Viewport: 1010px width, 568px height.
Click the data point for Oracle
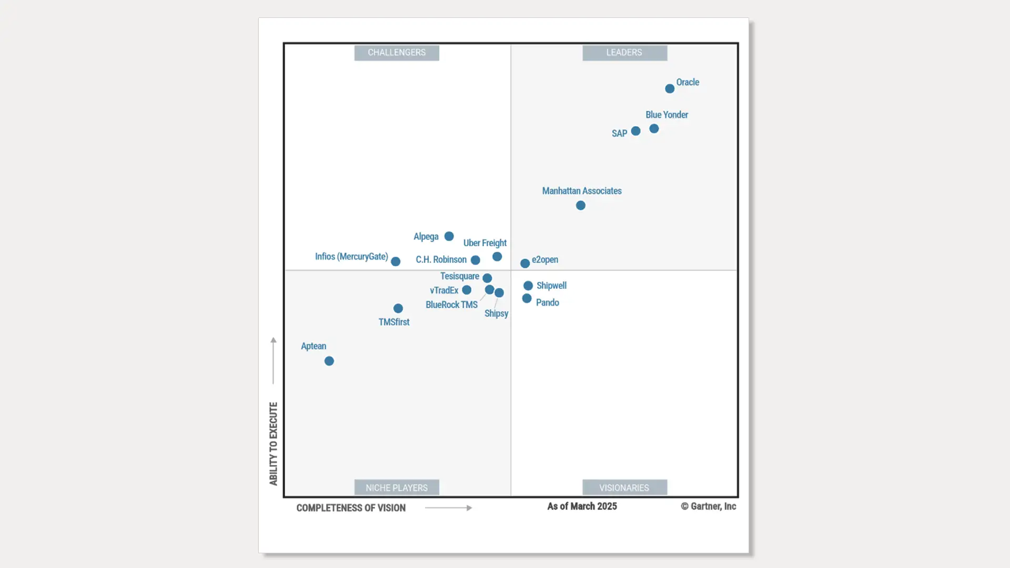[x=670, y=89]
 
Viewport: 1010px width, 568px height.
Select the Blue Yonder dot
[x=654, y=129]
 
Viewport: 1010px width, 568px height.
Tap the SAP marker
[x=635, y=131]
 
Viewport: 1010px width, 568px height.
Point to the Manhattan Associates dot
[x=581, y=206]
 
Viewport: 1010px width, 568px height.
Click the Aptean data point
[x=329, y=361]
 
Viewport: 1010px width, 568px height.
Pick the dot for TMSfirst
[x=398, y=309]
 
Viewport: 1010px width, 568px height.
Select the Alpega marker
[x=449, y=237]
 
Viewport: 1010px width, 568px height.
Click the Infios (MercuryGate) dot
[x=396, y=261]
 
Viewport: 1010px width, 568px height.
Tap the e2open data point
[x=525, y=263]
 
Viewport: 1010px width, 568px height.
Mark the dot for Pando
[x=527, y=299]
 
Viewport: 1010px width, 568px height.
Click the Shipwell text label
[x=551, y=286]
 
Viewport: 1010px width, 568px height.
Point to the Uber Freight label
[x=484, y=243]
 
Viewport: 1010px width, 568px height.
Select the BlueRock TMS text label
[x=451, y=305]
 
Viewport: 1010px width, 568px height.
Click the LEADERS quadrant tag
[x=624, y=53]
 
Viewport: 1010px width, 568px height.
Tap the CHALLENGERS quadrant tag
[x=397, y=53]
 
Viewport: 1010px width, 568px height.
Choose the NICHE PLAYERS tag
[x=397, y=488]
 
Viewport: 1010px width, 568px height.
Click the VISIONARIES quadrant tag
[x=624, y=488]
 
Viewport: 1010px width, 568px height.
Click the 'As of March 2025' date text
[x=582, y=506]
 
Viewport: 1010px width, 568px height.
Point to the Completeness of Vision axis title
[x=351, y=508]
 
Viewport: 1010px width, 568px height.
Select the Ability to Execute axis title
[x=274, y=444]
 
